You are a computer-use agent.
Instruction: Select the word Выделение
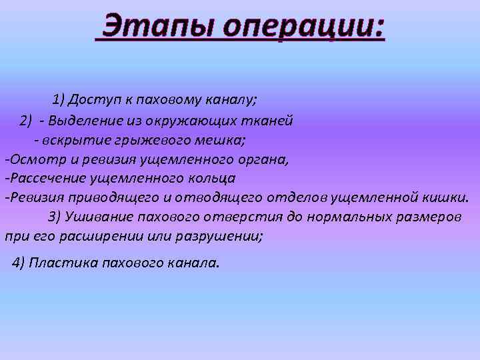coord(83,121)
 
